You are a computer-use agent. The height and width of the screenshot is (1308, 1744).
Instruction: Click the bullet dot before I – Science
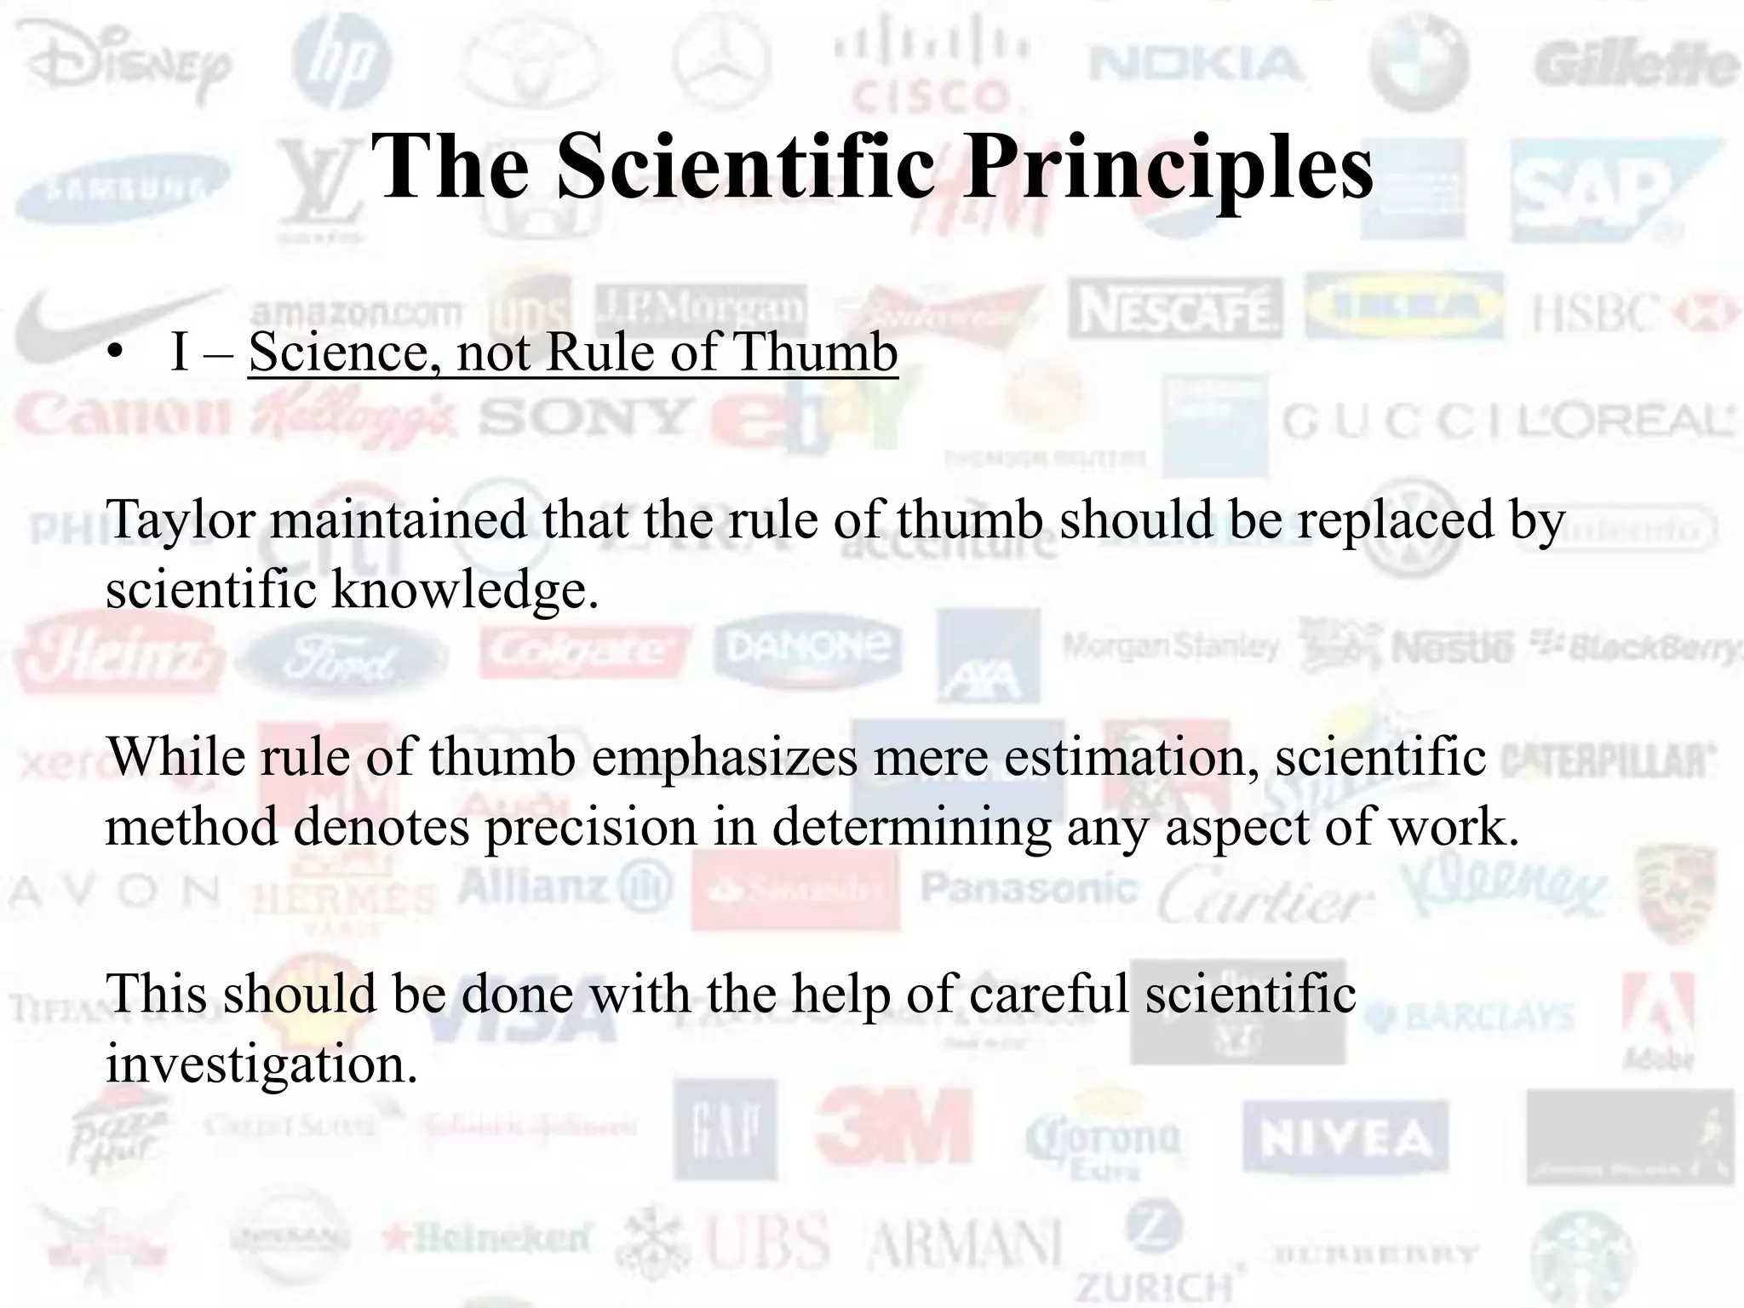click(116, 353)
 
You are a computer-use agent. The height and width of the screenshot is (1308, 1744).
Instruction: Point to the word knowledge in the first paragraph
click(464, 589)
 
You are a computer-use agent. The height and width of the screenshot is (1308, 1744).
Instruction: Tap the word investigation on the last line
click(261, 1064)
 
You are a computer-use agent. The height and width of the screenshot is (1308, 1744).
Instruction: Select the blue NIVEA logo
click(1345, 1138)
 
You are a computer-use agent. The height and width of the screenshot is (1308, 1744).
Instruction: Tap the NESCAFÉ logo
click(1175, 309)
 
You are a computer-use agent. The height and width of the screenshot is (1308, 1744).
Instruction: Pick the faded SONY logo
click(584, 417)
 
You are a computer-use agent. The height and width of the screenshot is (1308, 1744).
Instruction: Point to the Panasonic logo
click(1028, 889)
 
